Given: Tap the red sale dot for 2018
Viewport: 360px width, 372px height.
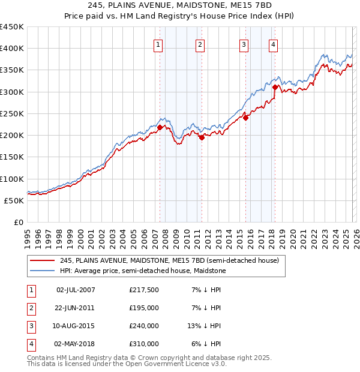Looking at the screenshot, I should [x=275, y=87].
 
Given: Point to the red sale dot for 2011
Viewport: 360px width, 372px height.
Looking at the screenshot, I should [x=202, y=137].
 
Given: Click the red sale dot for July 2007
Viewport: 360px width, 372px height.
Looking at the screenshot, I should [x=160, y=127].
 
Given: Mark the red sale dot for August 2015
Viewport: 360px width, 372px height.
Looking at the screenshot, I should [x=246, y=118].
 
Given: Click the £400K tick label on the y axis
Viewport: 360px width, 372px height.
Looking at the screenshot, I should [x=12, y=49].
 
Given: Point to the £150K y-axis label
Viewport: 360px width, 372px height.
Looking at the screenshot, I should [x=12, y=157].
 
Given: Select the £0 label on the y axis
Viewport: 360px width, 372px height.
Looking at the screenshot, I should [x=18, y=222].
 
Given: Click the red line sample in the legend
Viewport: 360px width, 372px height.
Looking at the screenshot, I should [x=41, y=261].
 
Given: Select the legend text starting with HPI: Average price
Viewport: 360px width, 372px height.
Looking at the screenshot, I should [x=143, y=271].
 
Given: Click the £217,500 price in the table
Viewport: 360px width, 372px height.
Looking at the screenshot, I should [x=144, y=290].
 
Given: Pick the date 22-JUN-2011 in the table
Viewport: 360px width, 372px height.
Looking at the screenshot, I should [x=76, y=308].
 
